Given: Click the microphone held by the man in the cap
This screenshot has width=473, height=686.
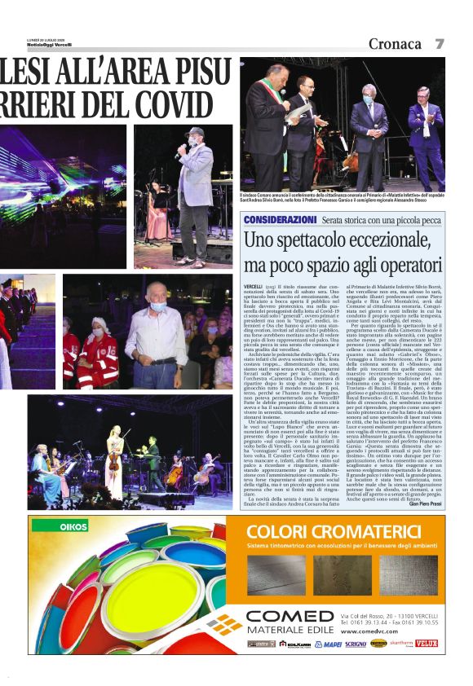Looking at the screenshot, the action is click(179, 149).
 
